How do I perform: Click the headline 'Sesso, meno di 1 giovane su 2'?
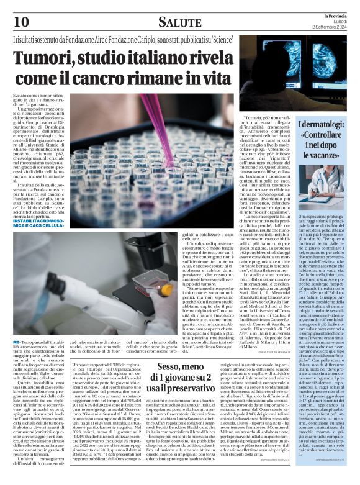tap(184, 372)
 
